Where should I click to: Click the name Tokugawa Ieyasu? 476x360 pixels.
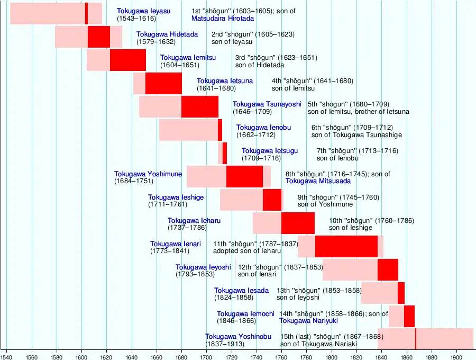[x=144, y=11]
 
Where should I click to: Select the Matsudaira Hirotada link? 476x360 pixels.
[x=223, y=19]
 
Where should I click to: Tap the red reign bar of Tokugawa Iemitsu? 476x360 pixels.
[x=127, y=60]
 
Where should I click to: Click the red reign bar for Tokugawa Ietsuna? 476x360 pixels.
[x=163, y=83]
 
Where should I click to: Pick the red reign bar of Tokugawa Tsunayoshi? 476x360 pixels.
[x=199, y=106]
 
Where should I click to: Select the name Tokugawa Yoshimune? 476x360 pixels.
[x=148, y=174]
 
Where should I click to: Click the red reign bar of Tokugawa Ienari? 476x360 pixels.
[x=346, y=246]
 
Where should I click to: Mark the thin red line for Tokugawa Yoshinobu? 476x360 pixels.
[x=415, y=339]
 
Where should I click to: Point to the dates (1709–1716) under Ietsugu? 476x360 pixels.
[x=261, y=158]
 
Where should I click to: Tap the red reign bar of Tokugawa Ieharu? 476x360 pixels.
[x=298, y=223]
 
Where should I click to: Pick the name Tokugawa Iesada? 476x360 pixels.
[x=241, y=291]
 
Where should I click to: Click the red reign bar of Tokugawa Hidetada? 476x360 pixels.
[x=99, y=37]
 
